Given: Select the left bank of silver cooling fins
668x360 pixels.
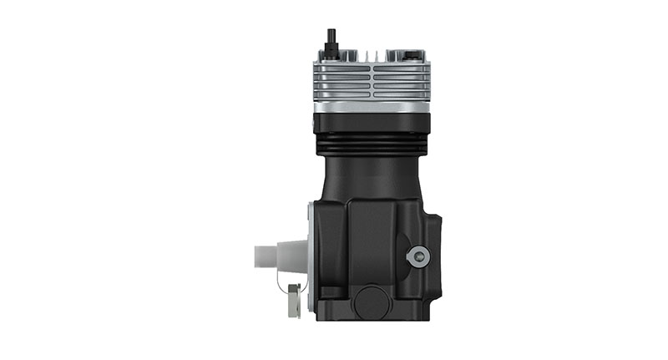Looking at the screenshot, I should point(341,81).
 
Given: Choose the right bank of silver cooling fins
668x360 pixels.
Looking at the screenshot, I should point(403,81).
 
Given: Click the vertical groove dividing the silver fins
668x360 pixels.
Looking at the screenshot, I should point(372,81).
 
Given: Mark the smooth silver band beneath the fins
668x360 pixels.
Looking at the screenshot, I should point(372,105).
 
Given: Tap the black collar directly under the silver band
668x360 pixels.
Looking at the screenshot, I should point(372,123).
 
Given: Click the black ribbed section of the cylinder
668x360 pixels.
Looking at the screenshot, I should point(372,145).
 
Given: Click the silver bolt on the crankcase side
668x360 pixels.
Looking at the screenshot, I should point(417,256).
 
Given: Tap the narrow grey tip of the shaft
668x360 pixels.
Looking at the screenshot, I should point(261,256).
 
